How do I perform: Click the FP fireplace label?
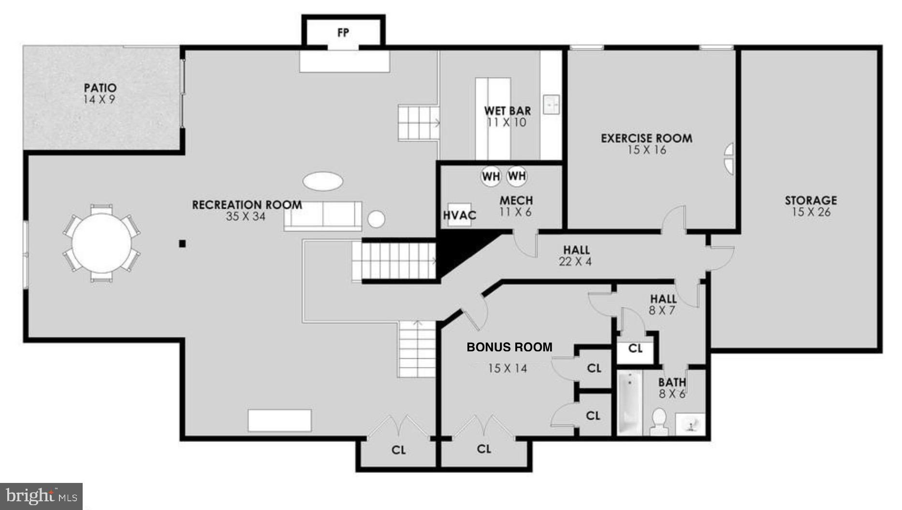[343, 33]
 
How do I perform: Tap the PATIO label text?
[100, 88]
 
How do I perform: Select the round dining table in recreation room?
[102, 243]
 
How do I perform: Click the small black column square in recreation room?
[182, 244]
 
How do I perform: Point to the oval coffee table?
[323, 181]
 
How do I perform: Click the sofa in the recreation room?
[323, 216]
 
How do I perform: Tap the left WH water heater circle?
[491, 176]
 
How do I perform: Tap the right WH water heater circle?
[517, 176]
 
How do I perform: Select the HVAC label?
[460, 215]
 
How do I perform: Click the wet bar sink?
[551, 104]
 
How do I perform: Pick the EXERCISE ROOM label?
[646, 138]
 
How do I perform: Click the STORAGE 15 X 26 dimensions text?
[811, 212]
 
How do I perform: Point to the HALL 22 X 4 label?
[576, 256]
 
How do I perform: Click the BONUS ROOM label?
[509, 347]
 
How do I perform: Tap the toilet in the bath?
[658, 421]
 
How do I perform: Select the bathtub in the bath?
[630, 403]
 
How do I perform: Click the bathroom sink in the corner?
[691, 424]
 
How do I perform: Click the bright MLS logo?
[41, 496]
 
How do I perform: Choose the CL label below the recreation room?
[398, 450]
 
